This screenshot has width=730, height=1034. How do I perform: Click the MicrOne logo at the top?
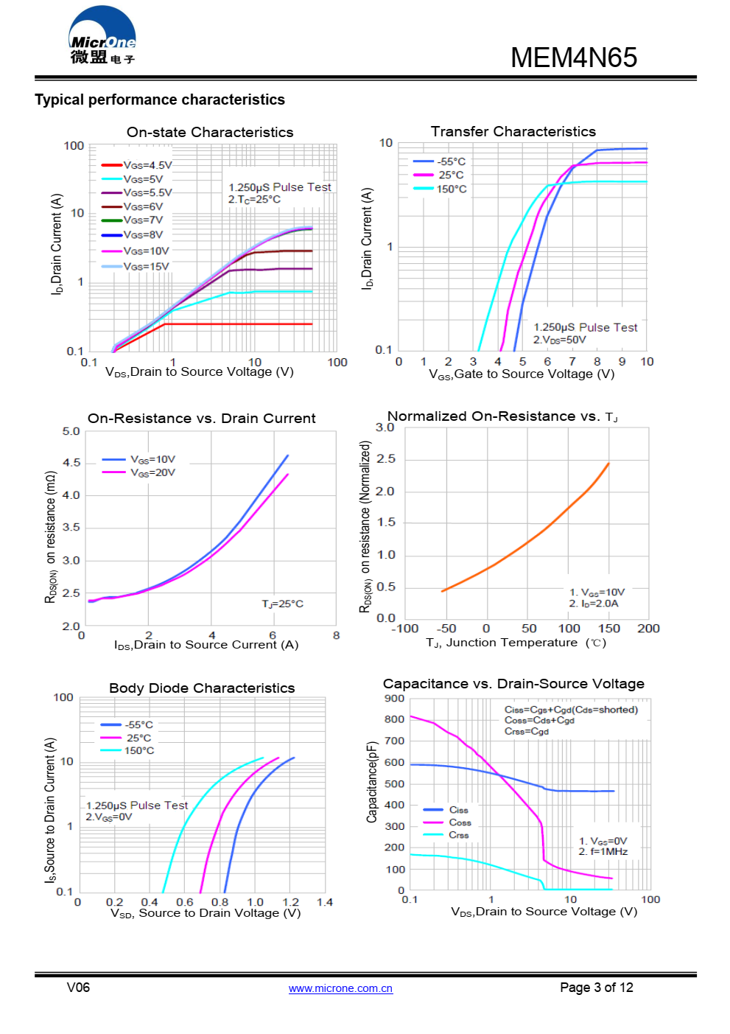pos(102,37)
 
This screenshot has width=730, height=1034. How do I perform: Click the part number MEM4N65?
pos(573,57)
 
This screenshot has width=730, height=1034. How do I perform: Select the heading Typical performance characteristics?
pos(160,99)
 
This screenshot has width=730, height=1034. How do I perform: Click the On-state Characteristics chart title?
pos(210,132)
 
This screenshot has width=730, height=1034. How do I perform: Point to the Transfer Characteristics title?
pos(513,131)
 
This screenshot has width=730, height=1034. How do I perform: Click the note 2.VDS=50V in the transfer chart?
pos(559,340)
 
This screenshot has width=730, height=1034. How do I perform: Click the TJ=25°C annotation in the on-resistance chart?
pos(282,604)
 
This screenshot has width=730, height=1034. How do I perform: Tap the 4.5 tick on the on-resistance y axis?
pos(71,463)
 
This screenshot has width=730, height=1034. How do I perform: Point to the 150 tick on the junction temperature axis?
pos(608,629)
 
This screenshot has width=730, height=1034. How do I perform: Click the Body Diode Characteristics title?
pos(202,688)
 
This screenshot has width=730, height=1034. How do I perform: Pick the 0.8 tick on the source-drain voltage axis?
pos(220,902)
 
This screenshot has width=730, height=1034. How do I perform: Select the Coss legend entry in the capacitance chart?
pos(460,822)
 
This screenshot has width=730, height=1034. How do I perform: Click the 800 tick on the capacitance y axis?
pos(395,719)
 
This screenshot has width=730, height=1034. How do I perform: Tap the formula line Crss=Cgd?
pos(526,731)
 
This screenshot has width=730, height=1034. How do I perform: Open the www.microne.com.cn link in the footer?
pos(340,988)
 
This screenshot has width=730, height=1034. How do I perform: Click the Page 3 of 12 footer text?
pos(596,988)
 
